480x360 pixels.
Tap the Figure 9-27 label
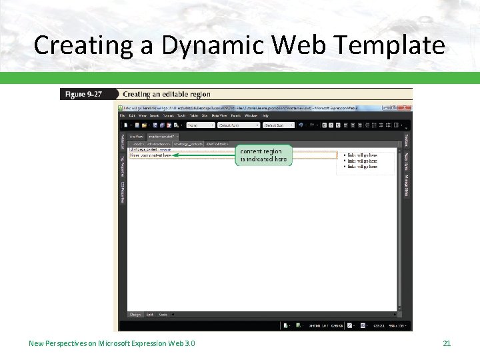point(83,95)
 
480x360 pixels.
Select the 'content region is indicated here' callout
point(263,155)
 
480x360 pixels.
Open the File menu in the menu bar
point(123,115)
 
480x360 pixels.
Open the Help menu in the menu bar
point(265,115)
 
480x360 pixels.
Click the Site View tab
point(137,135)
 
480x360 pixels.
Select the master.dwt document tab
point(161,135)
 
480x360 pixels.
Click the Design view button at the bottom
point(135,314)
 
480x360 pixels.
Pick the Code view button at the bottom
point(163,314)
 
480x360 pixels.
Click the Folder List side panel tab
point(123,141)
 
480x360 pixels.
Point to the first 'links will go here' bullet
point(361,155)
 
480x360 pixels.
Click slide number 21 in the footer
point(447,343)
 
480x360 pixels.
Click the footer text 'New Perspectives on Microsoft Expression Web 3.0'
point(112,343)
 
